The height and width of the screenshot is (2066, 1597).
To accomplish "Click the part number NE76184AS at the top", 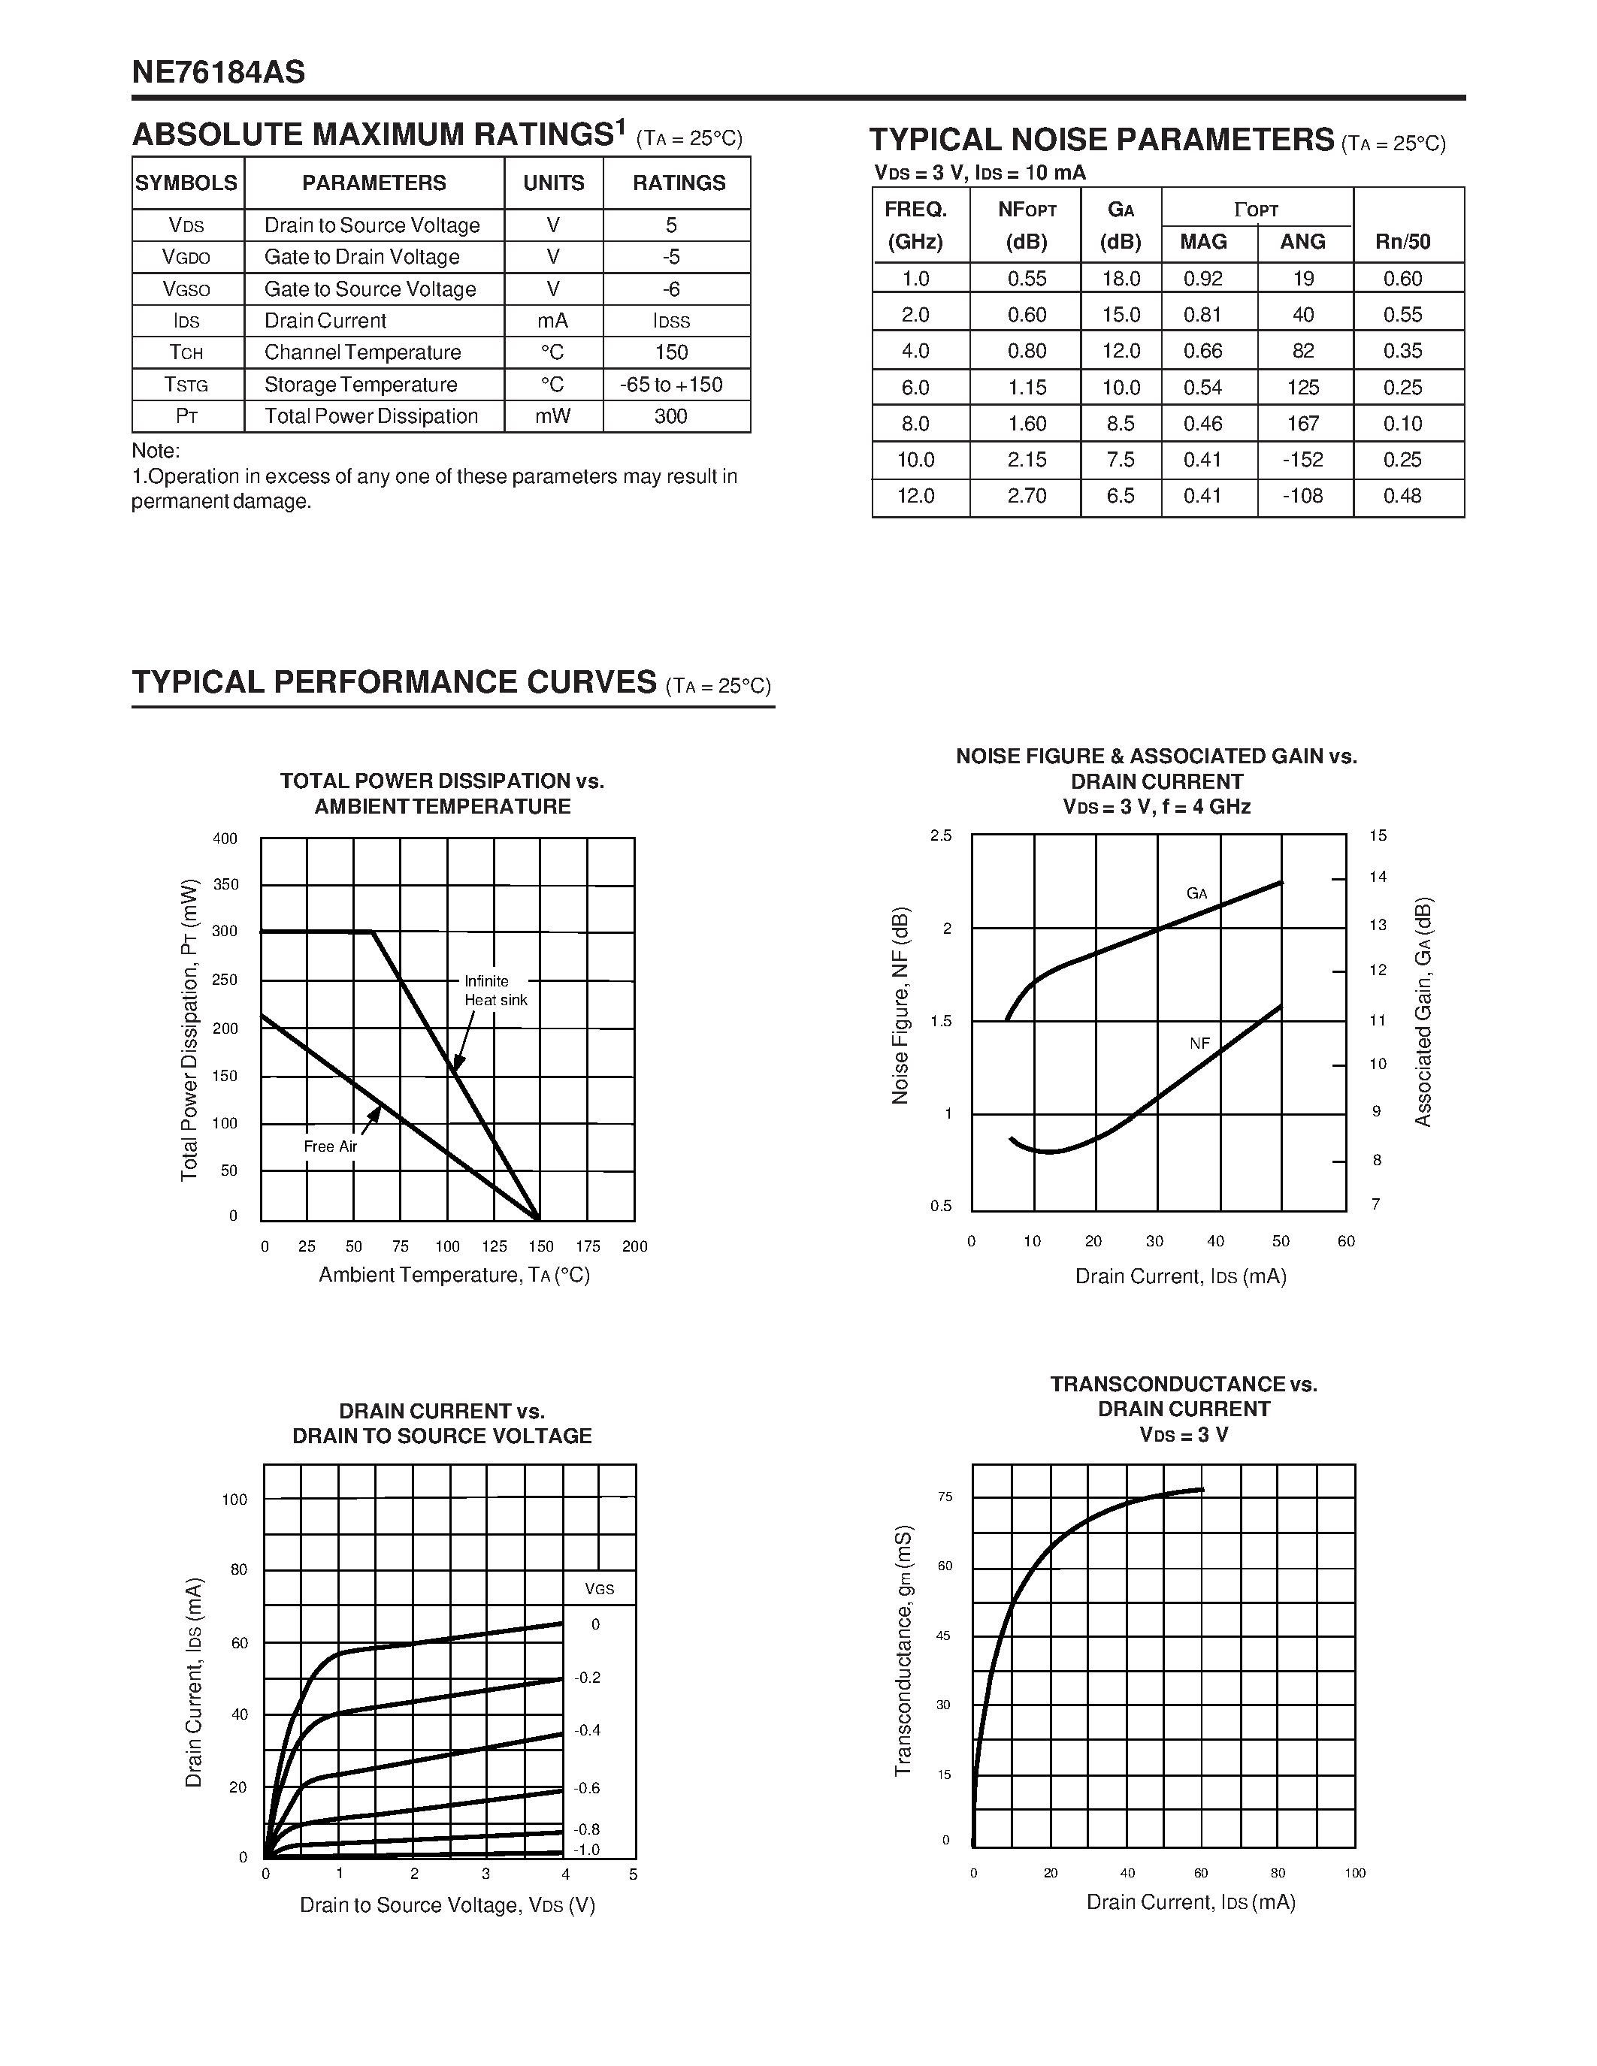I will click(219, 72).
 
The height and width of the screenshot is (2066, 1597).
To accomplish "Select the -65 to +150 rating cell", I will click(671, 385).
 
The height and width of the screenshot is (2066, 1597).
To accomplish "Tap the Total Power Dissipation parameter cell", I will click(371, 416).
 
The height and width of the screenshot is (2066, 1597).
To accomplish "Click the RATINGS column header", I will click(679, 183).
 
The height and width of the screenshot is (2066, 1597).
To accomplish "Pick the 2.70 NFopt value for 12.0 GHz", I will click(1027, 496).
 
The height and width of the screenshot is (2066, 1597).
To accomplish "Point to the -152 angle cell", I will click(1302, 460).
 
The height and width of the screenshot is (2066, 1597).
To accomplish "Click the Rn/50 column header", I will click(1403, 242).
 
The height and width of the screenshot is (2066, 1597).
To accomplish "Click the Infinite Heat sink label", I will click(495, 990).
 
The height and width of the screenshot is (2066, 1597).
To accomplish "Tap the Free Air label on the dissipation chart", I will click(330, 1146).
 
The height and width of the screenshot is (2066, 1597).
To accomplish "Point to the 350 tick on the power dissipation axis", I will click(225, 884).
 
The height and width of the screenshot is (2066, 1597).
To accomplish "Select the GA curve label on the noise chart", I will click(1196, 893).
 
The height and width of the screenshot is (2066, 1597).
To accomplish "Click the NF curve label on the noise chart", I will click(1199, 1043).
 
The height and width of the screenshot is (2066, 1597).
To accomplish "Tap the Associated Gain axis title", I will click(1423, 1011).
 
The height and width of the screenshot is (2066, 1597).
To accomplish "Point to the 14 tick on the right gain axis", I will click(1378, 877).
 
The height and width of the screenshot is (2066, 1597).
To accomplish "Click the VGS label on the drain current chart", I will click(599, 1589).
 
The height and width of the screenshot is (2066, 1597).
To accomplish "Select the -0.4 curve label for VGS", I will click(588, 1730).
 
